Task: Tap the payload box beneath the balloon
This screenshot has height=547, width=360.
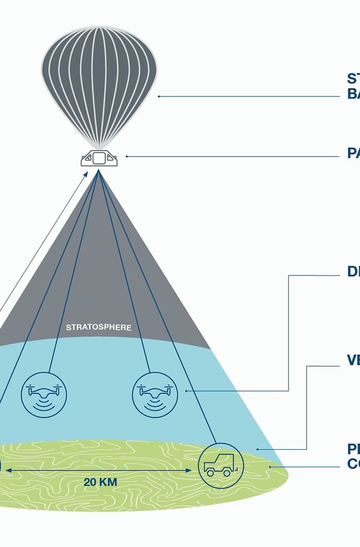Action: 99,158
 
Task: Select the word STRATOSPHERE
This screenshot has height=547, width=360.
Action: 98,328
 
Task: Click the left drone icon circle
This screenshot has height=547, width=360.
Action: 44,394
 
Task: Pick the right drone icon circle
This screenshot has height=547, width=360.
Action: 155,394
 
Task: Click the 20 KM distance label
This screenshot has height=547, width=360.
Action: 100,482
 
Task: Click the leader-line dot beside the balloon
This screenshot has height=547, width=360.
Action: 159,96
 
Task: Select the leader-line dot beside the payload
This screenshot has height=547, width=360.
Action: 127,156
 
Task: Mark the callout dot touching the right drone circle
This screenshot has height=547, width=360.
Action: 186,391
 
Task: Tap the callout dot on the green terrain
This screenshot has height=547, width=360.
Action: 270,466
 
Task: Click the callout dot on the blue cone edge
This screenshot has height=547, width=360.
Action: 257,449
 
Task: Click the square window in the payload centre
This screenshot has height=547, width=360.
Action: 99,158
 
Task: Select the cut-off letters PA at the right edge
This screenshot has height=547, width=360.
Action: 354,154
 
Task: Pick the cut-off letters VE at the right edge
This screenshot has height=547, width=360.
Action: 354,360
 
